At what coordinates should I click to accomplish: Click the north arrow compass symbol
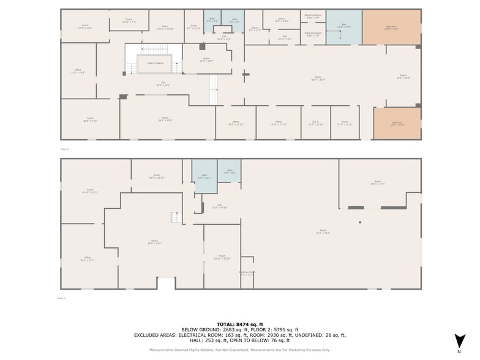(x=460, y=341)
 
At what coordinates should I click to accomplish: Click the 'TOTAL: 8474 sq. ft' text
(x=240, y=324)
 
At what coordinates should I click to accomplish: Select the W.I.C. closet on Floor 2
(x=315, y=123)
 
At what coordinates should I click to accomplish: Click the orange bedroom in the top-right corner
(x=391, y=27)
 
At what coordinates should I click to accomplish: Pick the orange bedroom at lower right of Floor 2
(x=397, y=123)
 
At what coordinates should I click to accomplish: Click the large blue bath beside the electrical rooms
(x=343, y=27)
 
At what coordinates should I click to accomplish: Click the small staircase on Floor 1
(x=176, y=217)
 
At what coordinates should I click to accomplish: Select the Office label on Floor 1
(x=87, y=258)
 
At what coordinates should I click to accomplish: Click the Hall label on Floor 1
(x=219, y=206)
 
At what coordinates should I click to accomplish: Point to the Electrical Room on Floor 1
(x=247, y=273)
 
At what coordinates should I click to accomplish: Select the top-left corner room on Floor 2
(x=84, y=26)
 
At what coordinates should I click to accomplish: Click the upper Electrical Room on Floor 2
(x=312, y=18)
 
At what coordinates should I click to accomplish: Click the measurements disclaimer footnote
(x=240, y=350)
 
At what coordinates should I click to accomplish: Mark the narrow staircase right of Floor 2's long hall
(x=213, y=89)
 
